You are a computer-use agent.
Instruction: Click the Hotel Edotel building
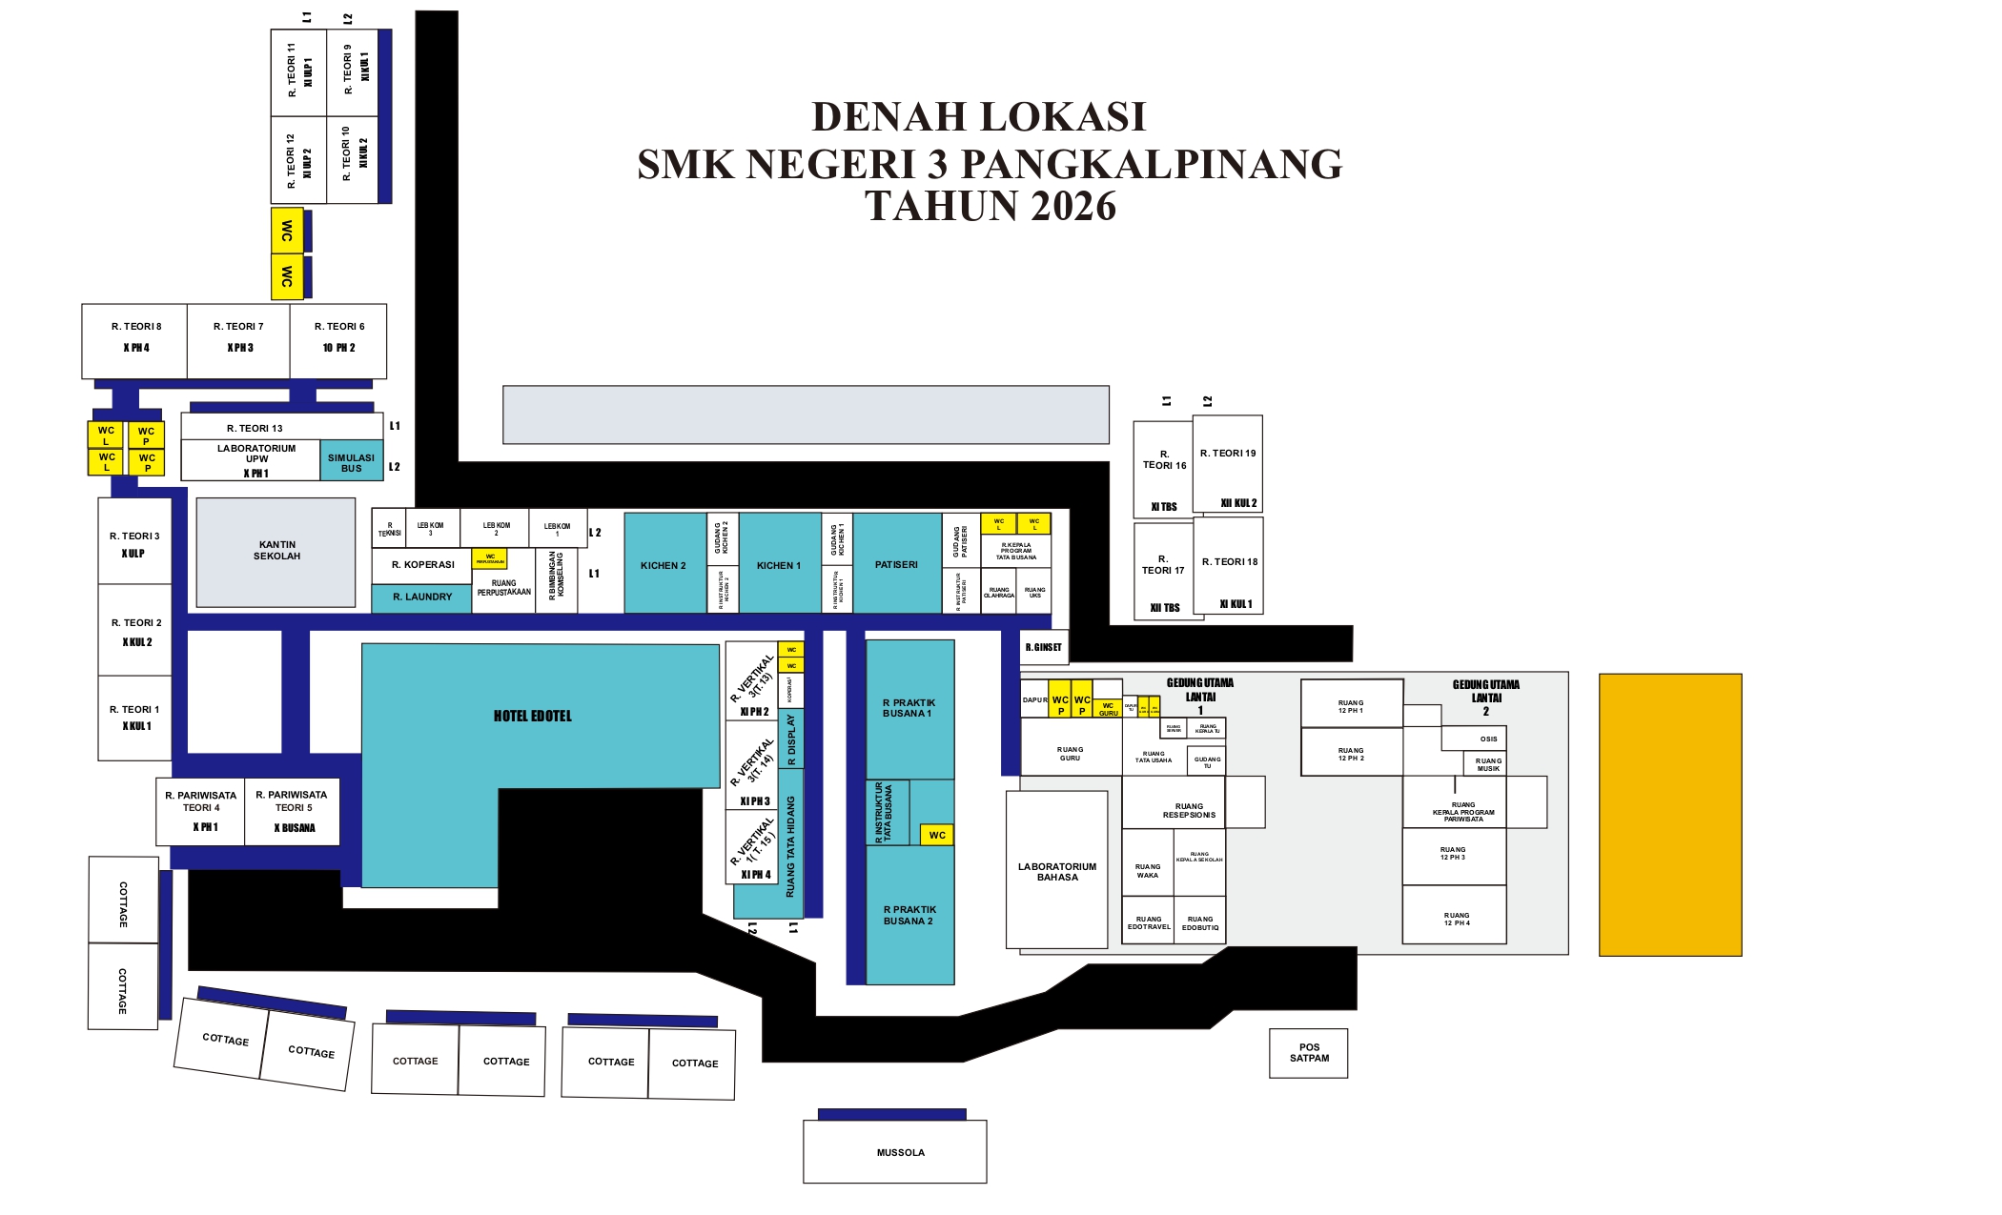click(x=534, y=715)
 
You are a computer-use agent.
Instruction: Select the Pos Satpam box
click(x=1308, y=1053)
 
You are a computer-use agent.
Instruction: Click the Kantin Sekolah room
click(x=276, y=551)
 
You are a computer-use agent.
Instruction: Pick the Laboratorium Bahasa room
click(x=1056, y=871)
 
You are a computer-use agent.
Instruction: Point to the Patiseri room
click(x=896, y=564)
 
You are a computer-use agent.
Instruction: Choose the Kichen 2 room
click(x=664, y=565)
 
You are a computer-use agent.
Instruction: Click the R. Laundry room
click(x=421, y=597)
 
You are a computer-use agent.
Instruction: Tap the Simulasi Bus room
click(x=351, y=462)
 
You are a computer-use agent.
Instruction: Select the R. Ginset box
click(x=1043, y=647)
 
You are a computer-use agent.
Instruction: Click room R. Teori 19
click(x=1228, y=463)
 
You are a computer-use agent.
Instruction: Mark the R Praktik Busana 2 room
click(x=909, y=915)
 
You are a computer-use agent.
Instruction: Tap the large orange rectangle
click(x=1669, y=815)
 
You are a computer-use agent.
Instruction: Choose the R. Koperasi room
click(x=421, y=565)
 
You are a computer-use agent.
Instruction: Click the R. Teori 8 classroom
click(x=135, y=339)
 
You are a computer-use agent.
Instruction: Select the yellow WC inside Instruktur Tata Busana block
click(x=937, y=835)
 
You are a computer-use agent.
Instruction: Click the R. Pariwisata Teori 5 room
click(x=293, y=810)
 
